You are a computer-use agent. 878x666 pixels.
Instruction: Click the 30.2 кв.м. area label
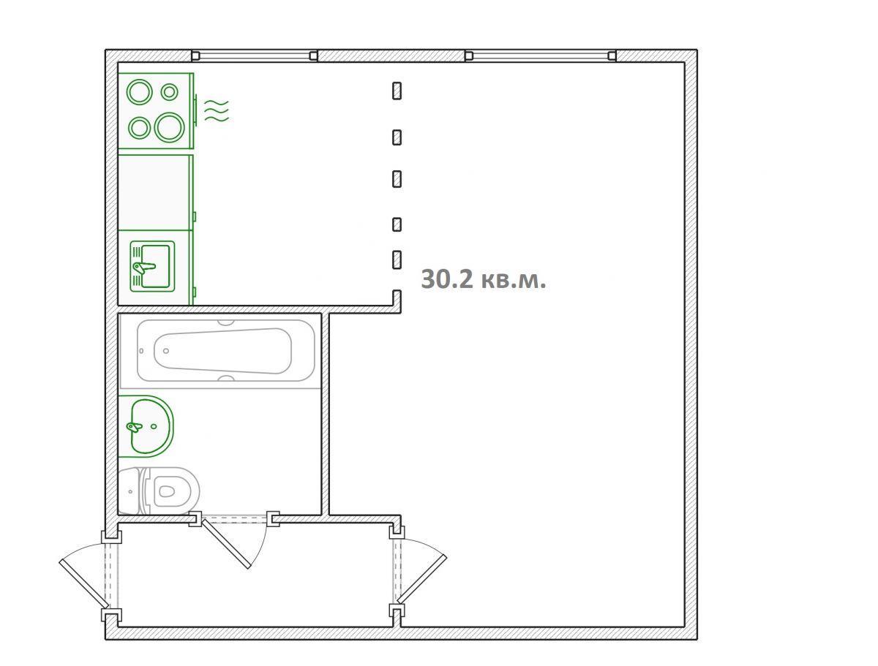(483, 279)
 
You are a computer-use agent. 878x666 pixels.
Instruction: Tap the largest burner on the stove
(169, 127)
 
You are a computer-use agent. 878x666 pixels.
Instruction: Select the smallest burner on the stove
(169, 92)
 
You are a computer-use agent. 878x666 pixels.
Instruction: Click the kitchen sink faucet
(143, 268)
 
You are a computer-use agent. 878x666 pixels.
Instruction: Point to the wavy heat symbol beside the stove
(217, 110)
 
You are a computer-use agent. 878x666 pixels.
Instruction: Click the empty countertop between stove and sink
(156, 192)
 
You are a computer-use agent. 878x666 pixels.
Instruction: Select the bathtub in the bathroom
(226, 350)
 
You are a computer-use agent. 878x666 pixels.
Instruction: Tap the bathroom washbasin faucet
(135, 427)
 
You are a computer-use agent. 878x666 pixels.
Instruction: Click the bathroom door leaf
(226, 543)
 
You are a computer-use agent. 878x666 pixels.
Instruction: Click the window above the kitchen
(255, 56)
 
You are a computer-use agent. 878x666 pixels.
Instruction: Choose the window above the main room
(541, 56)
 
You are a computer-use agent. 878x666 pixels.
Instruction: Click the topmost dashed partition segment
(397, 91)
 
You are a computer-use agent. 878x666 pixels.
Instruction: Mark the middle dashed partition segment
(397, 178)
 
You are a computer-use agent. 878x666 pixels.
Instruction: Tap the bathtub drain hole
(166, 351)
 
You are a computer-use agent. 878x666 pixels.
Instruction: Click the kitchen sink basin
(155, 266)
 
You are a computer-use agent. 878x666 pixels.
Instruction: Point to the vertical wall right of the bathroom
(325, 415)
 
